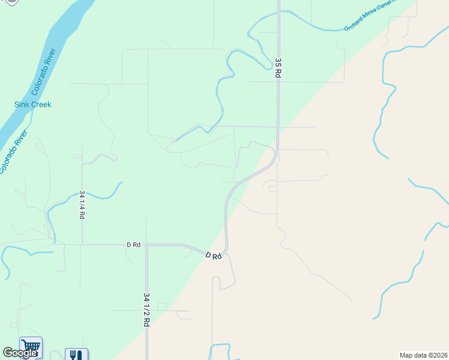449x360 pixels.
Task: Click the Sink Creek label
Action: click(33, 104)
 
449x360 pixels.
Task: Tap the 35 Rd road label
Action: click(278, 67)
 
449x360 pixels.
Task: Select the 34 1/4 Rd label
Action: click(82, 205)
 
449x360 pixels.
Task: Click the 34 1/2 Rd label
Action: click(146, 309)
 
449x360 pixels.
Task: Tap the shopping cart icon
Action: click(31, 346)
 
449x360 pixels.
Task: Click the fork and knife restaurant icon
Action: click(76, 355)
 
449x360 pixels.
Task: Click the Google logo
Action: click(20, 353)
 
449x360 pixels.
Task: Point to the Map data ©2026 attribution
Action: click(423, 355)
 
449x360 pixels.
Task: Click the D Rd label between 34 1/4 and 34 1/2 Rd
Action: click(133, 245)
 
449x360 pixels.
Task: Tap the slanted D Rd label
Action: click(214, 256)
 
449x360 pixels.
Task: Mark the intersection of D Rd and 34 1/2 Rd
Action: click(146, 245)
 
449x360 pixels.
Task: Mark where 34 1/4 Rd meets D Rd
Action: click(82, 245)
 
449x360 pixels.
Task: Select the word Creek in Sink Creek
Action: click(41, 104)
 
